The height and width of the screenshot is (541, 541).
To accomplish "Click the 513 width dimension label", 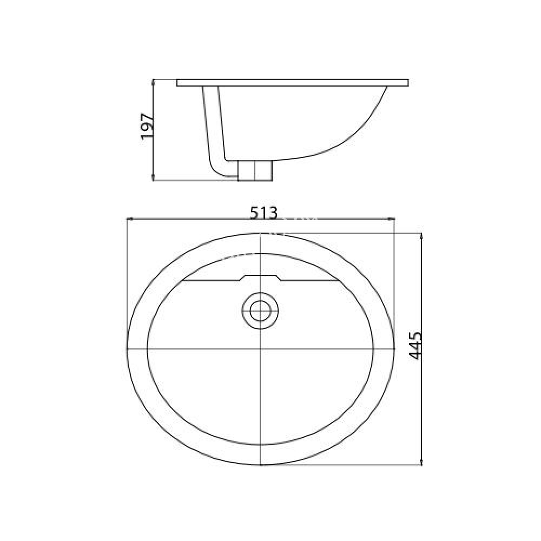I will click(x=264, y=213).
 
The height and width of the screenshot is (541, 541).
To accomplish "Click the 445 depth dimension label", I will click(x=415, y=346).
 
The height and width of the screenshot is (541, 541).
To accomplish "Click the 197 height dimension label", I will click(x=147, y=128).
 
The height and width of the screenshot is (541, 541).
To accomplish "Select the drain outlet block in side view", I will click(x=255, y=170).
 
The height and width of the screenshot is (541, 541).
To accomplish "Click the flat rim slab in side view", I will click(x=292, y=83).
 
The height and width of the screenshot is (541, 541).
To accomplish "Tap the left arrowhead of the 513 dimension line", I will click(x=129, y=219).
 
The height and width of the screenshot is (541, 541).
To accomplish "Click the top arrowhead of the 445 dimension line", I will click(x=421, y=235).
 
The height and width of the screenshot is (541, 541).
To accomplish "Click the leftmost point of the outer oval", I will click(x=126, y=346).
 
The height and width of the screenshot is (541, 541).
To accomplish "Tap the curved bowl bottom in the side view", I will click(x=325, y=151).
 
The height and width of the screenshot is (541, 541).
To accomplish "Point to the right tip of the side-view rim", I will click(x=407, y=83).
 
